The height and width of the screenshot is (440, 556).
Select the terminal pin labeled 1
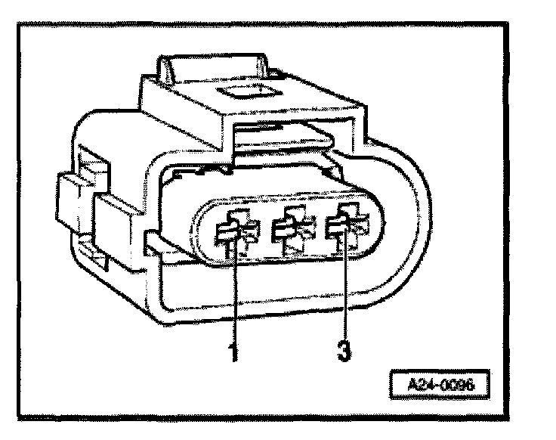point(230,234)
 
